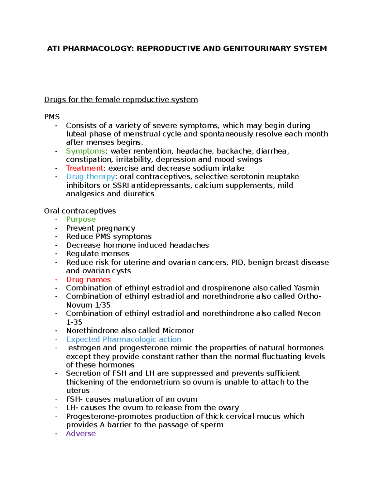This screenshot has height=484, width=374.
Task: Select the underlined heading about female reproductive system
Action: tap(121, 100)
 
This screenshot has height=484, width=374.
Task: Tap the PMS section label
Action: tap(52, 117)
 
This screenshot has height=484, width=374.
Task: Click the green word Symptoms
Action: tap(85, 151)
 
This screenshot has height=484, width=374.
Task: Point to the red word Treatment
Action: tap(84, 168)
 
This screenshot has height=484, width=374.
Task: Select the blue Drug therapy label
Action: tap(90, 177)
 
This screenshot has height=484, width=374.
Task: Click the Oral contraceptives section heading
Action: tap(80, 211)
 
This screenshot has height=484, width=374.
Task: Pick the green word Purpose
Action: tap(81, 219)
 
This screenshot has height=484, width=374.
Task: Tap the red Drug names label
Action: tap(88, 280)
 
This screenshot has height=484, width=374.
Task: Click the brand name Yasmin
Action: tap(306, 288)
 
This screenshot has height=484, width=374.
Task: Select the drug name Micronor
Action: tap(178, 331)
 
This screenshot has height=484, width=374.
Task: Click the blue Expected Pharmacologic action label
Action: tap(123, 339)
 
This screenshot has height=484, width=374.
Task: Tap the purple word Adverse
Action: tap(81, 434)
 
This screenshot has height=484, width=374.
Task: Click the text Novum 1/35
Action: tap(88, 305)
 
